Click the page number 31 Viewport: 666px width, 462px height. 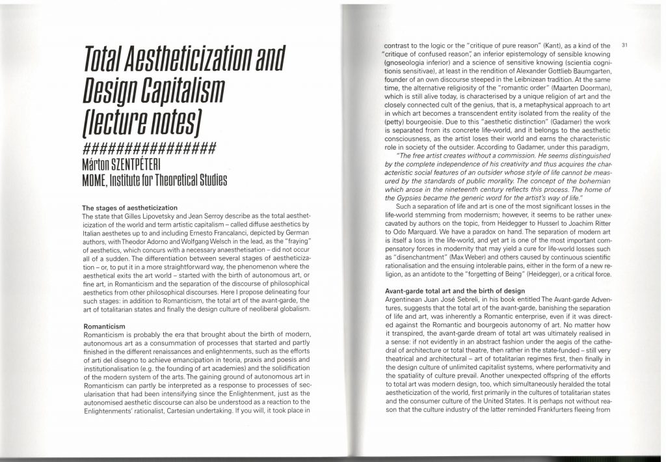coord(624,45)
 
